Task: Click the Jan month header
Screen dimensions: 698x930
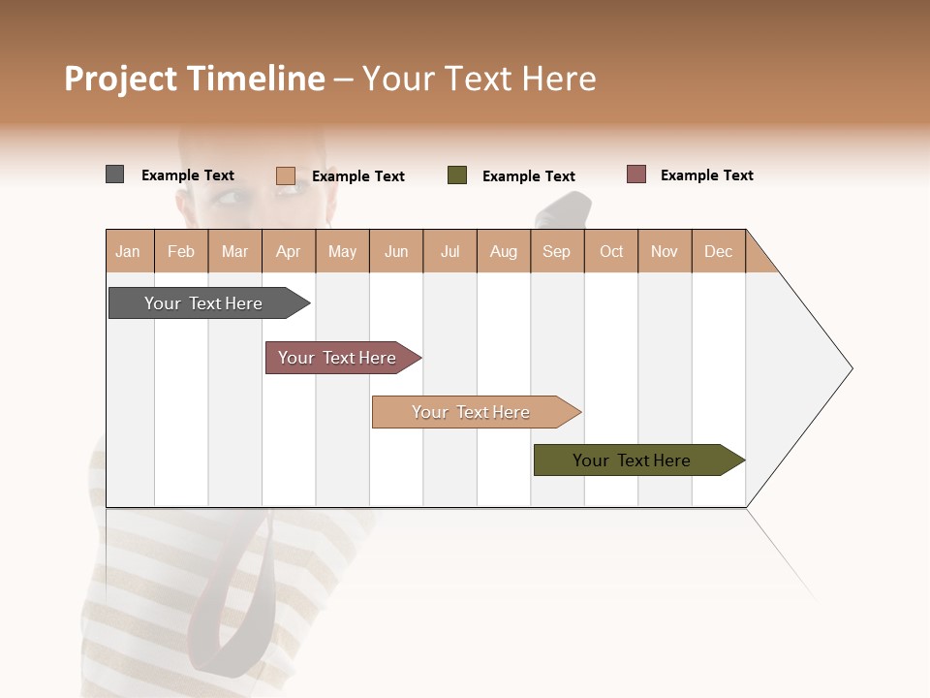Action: (x=129, y=251)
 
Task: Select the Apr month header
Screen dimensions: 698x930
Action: (x=289, y=251)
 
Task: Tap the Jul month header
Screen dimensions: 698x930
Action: (x=449, y=251)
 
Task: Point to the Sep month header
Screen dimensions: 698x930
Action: (x=557, y=251)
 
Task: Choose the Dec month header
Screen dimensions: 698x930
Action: (x=718, y=251)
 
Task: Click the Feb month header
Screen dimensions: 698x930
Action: (x=181, y=251)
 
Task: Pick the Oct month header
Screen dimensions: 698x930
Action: (x=611, y=251)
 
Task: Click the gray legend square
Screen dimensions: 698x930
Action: (x=115, y=174)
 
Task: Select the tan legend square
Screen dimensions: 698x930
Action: (x=286, y=175)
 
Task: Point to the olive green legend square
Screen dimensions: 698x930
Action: (x=457, y=175)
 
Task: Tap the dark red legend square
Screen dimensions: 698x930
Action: (x=636, y=174)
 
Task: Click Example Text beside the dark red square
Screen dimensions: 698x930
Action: (x=706, y=175)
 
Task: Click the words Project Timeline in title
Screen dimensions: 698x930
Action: (x=195, y=79)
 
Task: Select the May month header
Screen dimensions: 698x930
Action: (x=342, y=251)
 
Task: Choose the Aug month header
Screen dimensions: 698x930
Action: (x=504, y=251)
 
